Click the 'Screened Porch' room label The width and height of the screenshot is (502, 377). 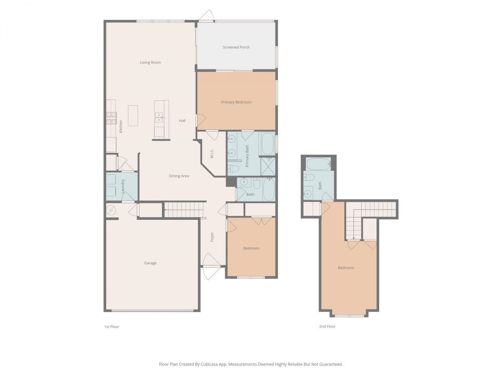(236, 47)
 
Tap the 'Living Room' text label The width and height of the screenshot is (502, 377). (151, 62)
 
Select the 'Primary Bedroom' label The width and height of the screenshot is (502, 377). (236, 102)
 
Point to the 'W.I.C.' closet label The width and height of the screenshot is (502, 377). (212, 154)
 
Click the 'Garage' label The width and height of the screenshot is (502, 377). (150, 263)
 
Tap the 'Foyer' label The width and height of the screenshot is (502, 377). (212, 237)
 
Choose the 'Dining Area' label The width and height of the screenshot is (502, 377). (179, 176)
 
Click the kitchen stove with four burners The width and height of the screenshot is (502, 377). (111, 118)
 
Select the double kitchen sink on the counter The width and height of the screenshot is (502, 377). (159, 117)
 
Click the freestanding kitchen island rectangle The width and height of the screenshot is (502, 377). (133, 115)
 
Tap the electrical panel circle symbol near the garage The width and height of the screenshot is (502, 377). (111, 210)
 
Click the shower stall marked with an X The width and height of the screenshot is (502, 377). (268, 166)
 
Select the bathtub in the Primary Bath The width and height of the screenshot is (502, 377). (268, 144)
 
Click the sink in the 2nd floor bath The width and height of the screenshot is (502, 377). (308, 193)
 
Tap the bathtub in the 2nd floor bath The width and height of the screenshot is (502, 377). (318, 164)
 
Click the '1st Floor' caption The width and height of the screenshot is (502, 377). (111, 327)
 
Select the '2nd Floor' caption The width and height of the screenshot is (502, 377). (327, 326)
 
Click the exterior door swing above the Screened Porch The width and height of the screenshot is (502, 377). (206, 15)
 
